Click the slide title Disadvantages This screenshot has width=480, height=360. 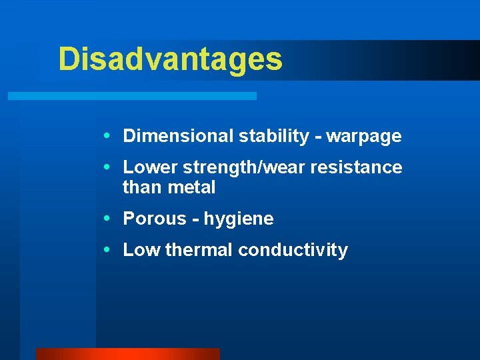pos(170,59)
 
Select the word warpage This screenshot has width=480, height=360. pos(364,137)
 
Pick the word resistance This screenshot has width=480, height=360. pos(360,167)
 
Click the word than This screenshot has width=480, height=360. pos(142,188)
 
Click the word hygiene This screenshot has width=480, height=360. pos(239,219)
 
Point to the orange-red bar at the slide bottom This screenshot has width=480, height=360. pos(127,354)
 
